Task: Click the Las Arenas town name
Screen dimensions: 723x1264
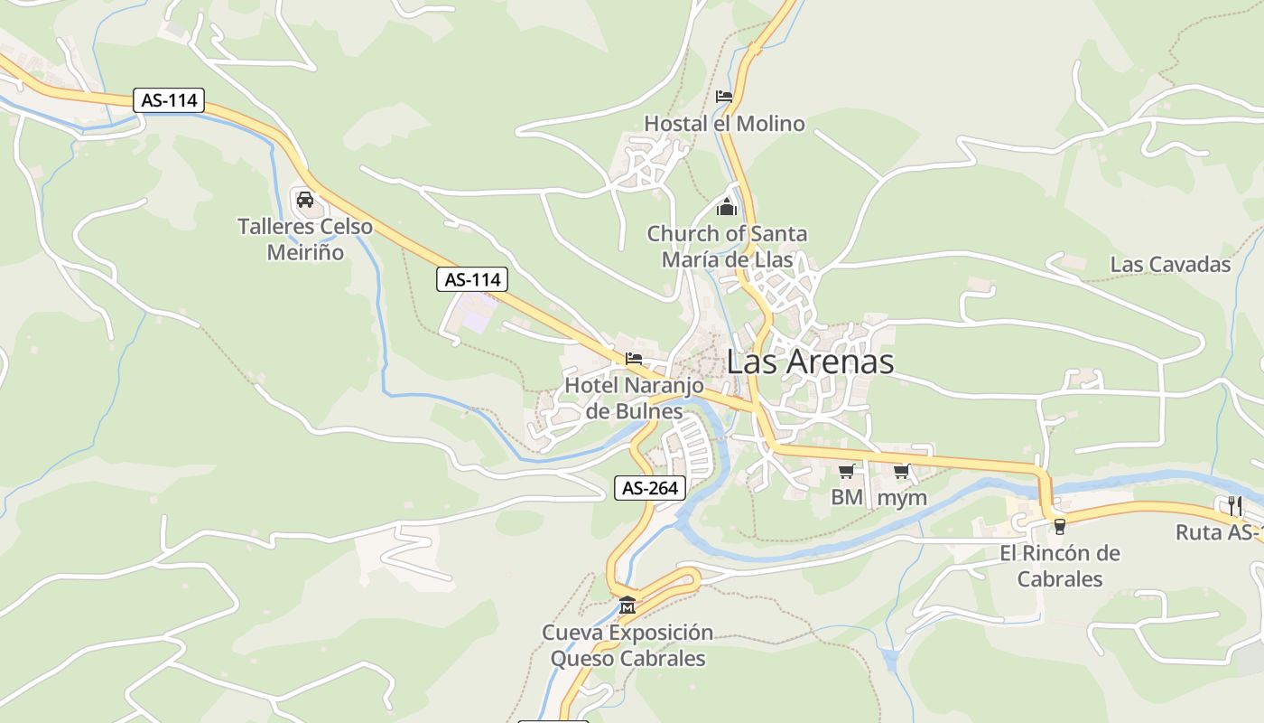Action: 810,362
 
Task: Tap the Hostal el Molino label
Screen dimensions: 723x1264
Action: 724,124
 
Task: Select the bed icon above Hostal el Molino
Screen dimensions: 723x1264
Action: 723,96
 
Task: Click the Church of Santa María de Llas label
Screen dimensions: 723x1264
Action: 727,247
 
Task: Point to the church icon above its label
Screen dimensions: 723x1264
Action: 727,208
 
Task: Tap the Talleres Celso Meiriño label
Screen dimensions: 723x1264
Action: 305,239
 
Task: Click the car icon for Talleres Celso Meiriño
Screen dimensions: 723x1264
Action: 305,199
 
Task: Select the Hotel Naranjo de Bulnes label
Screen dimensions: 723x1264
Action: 634,399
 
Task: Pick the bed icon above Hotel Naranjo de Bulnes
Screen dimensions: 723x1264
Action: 633,359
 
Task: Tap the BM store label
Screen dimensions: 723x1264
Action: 847,497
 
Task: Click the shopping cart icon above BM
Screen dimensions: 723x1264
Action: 846,471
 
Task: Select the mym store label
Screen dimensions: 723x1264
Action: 902,497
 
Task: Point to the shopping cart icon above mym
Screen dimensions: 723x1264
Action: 901,471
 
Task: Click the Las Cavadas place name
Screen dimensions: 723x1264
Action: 1170,265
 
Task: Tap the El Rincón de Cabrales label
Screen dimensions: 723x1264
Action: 1060,566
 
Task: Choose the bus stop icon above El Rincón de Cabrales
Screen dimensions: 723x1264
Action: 1059,526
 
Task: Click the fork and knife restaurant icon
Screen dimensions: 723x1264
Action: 1235,505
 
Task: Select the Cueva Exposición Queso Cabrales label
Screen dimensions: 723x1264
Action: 627,645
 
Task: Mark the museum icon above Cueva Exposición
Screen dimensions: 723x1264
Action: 627,605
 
